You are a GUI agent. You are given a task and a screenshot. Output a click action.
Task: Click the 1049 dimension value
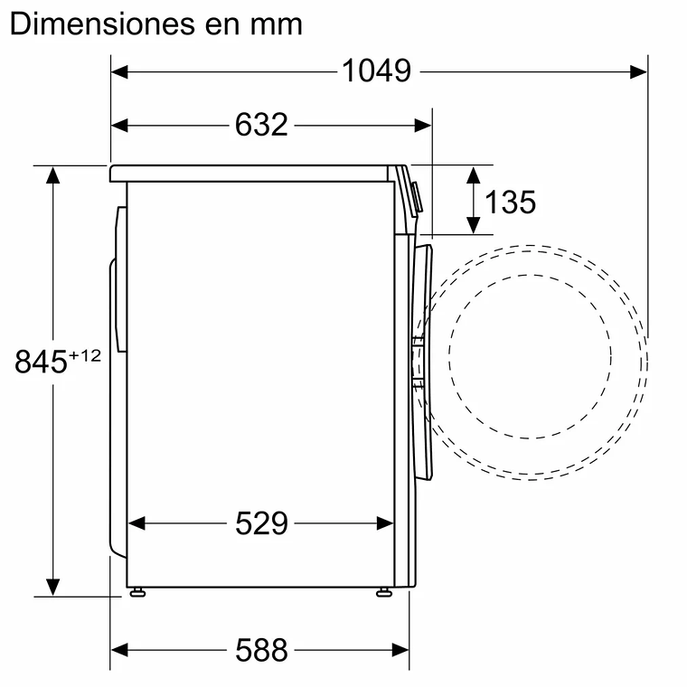[x=376, y=71]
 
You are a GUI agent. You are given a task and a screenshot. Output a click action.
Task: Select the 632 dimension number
[x=261, y=125]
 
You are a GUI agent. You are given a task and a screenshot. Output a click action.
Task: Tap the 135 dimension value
[x=510, y=202]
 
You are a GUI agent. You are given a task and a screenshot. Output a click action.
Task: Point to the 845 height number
[x=42, y=362]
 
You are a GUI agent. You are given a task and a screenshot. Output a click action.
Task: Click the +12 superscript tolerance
[x=84, y=355]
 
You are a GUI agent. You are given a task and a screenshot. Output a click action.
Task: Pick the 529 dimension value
[x=261, y=522]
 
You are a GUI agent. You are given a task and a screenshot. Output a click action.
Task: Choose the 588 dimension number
[x=261, y=649]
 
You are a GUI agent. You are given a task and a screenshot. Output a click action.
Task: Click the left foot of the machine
[x=136, y=593]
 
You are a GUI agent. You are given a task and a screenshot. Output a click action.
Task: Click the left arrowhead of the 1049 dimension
[x=118, y=71]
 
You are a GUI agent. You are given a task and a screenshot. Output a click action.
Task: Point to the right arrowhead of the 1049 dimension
[x=640, y=71]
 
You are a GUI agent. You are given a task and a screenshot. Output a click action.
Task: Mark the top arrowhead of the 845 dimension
[x=54, y=174]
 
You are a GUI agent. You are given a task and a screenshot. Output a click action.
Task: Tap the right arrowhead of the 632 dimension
[x=424, y=125]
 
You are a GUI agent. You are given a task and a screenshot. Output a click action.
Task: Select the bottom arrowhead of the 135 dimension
[x=472, y=226]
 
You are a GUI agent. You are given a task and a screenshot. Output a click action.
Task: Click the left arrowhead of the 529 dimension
[x=136, y=522]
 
